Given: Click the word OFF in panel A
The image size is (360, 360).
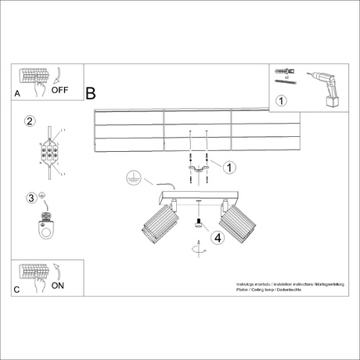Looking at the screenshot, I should click(60, 90).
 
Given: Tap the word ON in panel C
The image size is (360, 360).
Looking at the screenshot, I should click(58, 286).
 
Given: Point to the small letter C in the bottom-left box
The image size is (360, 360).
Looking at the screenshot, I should click(17, 289).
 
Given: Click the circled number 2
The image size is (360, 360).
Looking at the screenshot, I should click(29, 121).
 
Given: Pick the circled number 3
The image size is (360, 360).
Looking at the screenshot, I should click(31, 197).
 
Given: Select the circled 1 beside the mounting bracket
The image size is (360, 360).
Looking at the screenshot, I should click(229, 166).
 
